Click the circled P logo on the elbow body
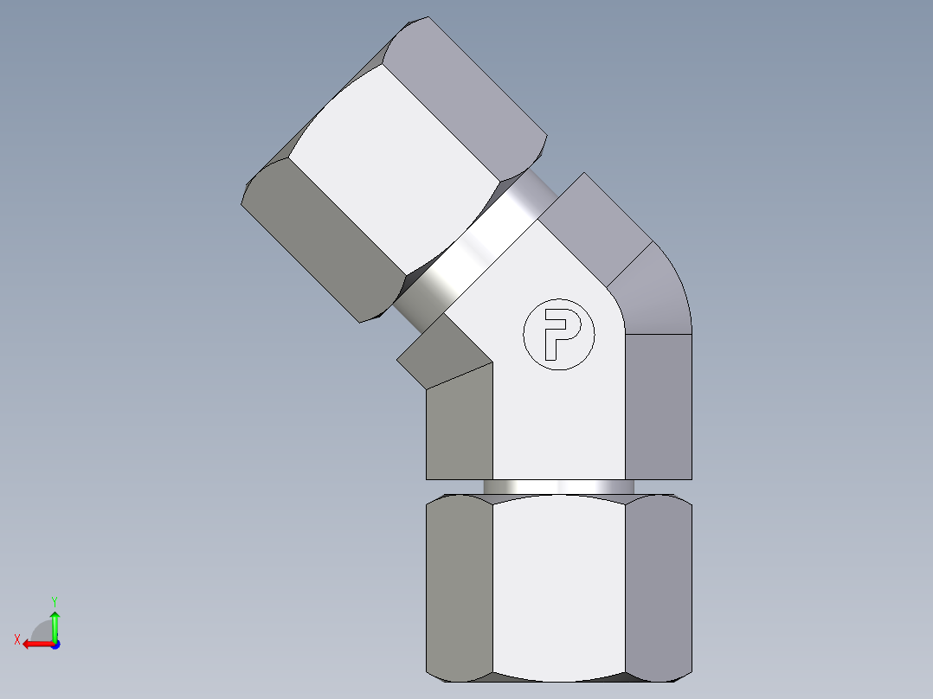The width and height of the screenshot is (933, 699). pyautogui.click(x=559, y=334)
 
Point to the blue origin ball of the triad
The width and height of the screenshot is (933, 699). pyautogui.click(x=55, y=644)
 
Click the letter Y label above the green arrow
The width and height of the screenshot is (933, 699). pyautogui.click(x=54, y=600)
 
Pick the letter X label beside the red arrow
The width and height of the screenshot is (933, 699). pyautogui.click(x=16, y=639)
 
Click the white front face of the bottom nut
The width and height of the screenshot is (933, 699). pyautogui.click(x=558, y=588)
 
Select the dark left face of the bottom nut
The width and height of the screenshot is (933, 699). pyautogui.click(x=460, y=588)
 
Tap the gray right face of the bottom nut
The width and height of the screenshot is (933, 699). pyautogui.click(x=658, y=588)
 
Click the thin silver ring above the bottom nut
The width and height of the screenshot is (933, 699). pyautogui.click(x=558, y=487)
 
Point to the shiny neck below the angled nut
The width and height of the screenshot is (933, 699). pyautogui.click(x=472, y=251)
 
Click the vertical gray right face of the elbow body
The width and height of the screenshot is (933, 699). pyautogui.click(x=658, y=407)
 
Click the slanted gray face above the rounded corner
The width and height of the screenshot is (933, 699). pyautogui.click(x=597, y=225)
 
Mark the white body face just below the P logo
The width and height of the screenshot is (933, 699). pyautogui.click(x=559, y=424)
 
